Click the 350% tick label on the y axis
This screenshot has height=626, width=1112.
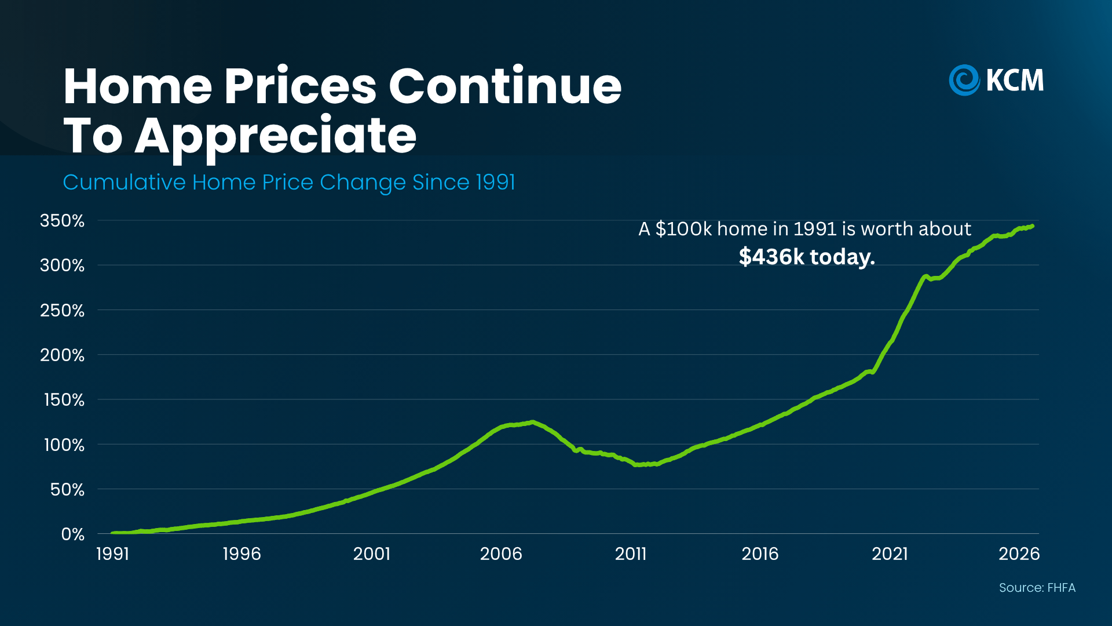[62, 221]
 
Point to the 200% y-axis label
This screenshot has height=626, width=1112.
[62, 355]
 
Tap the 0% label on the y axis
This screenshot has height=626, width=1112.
[73, 534]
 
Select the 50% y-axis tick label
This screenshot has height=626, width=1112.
[67, 490]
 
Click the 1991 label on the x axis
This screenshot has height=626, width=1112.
[112, 554]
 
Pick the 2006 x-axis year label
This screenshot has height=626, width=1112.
[501, 554]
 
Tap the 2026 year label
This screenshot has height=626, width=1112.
[1019, 554]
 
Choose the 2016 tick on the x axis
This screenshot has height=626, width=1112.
[760, 554]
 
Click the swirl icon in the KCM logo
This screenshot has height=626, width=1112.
[964, 80]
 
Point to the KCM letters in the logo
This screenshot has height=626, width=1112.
[1015, 80]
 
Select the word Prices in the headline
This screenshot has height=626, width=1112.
[301, 86]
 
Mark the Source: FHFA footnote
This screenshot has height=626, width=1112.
[1037, 588]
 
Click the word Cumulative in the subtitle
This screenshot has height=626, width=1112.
[124, 183]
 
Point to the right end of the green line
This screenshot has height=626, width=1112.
[1033, 226]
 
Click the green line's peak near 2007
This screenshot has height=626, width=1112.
[532, 422]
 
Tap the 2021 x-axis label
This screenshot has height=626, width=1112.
[890, 554]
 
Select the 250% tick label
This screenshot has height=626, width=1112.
[62, 311]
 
